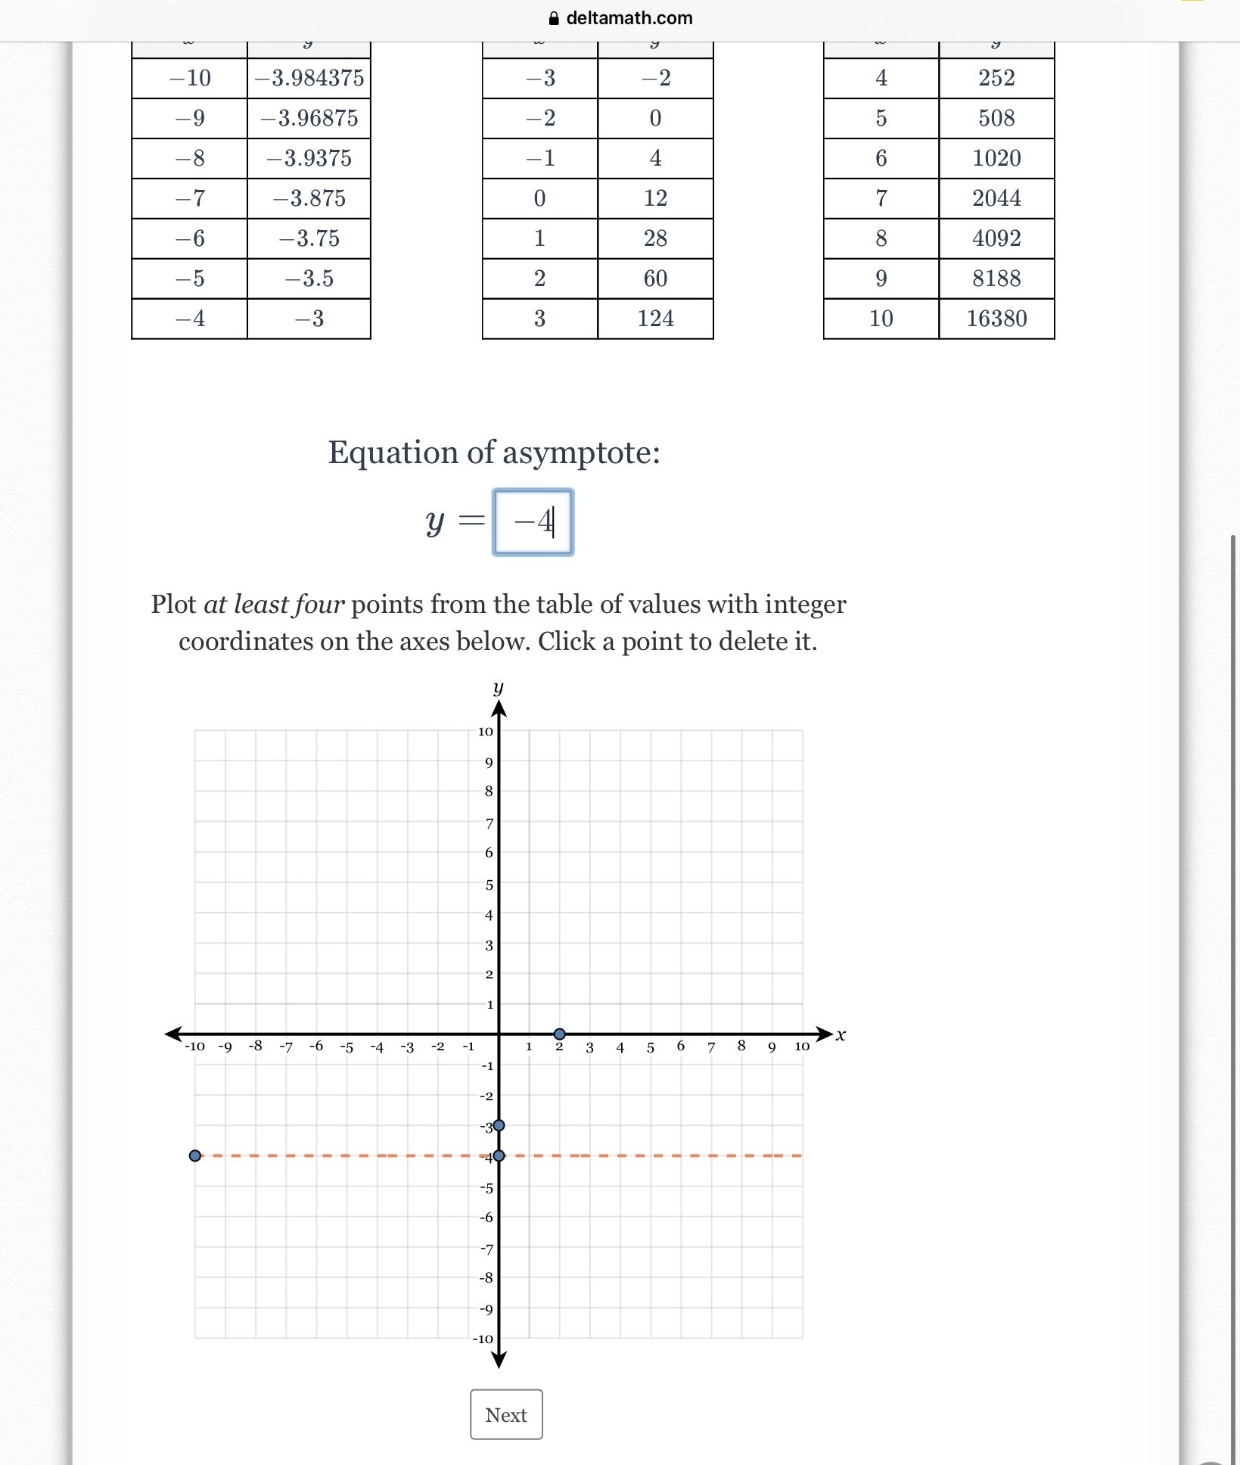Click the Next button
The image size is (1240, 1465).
tap(506, 1414)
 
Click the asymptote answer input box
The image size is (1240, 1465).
tap(533, 522)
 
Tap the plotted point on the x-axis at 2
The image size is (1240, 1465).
tap(559, 1034)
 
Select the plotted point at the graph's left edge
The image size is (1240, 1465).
tap(195, 1156)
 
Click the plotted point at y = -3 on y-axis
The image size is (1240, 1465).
tap(499, 1125)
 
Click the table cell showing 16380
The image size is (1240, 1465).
tap(996, 319)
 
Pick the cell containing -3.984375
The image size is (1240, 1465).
tap(309, 78)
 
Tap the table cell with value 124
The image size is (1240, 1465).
tap(655, 319)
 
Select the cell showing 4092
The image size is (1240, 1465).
tap(996, 238)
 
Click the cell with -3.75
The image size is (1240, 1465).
tap(309, 238)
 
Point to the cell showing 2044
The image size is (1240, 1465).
tap(996, 198)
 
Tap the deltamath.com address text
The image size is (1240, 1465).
tap(629, 18)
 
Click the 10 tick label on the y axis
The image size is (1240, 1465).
tap(485, 731)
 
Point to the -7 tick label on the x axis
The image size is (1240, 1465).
tap(285, 1047)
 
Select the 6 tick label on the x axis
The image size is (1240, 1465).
tap(681, 1046)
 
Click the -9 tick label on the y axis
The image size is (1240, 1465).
tap(486, 1309)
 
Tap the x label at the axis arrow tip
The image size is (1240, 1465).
tap(841, 1034)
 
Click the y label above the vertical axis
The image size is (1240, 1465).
tap(498, 687)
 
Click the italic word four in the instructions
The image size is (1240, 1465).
tap(319, 605)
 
